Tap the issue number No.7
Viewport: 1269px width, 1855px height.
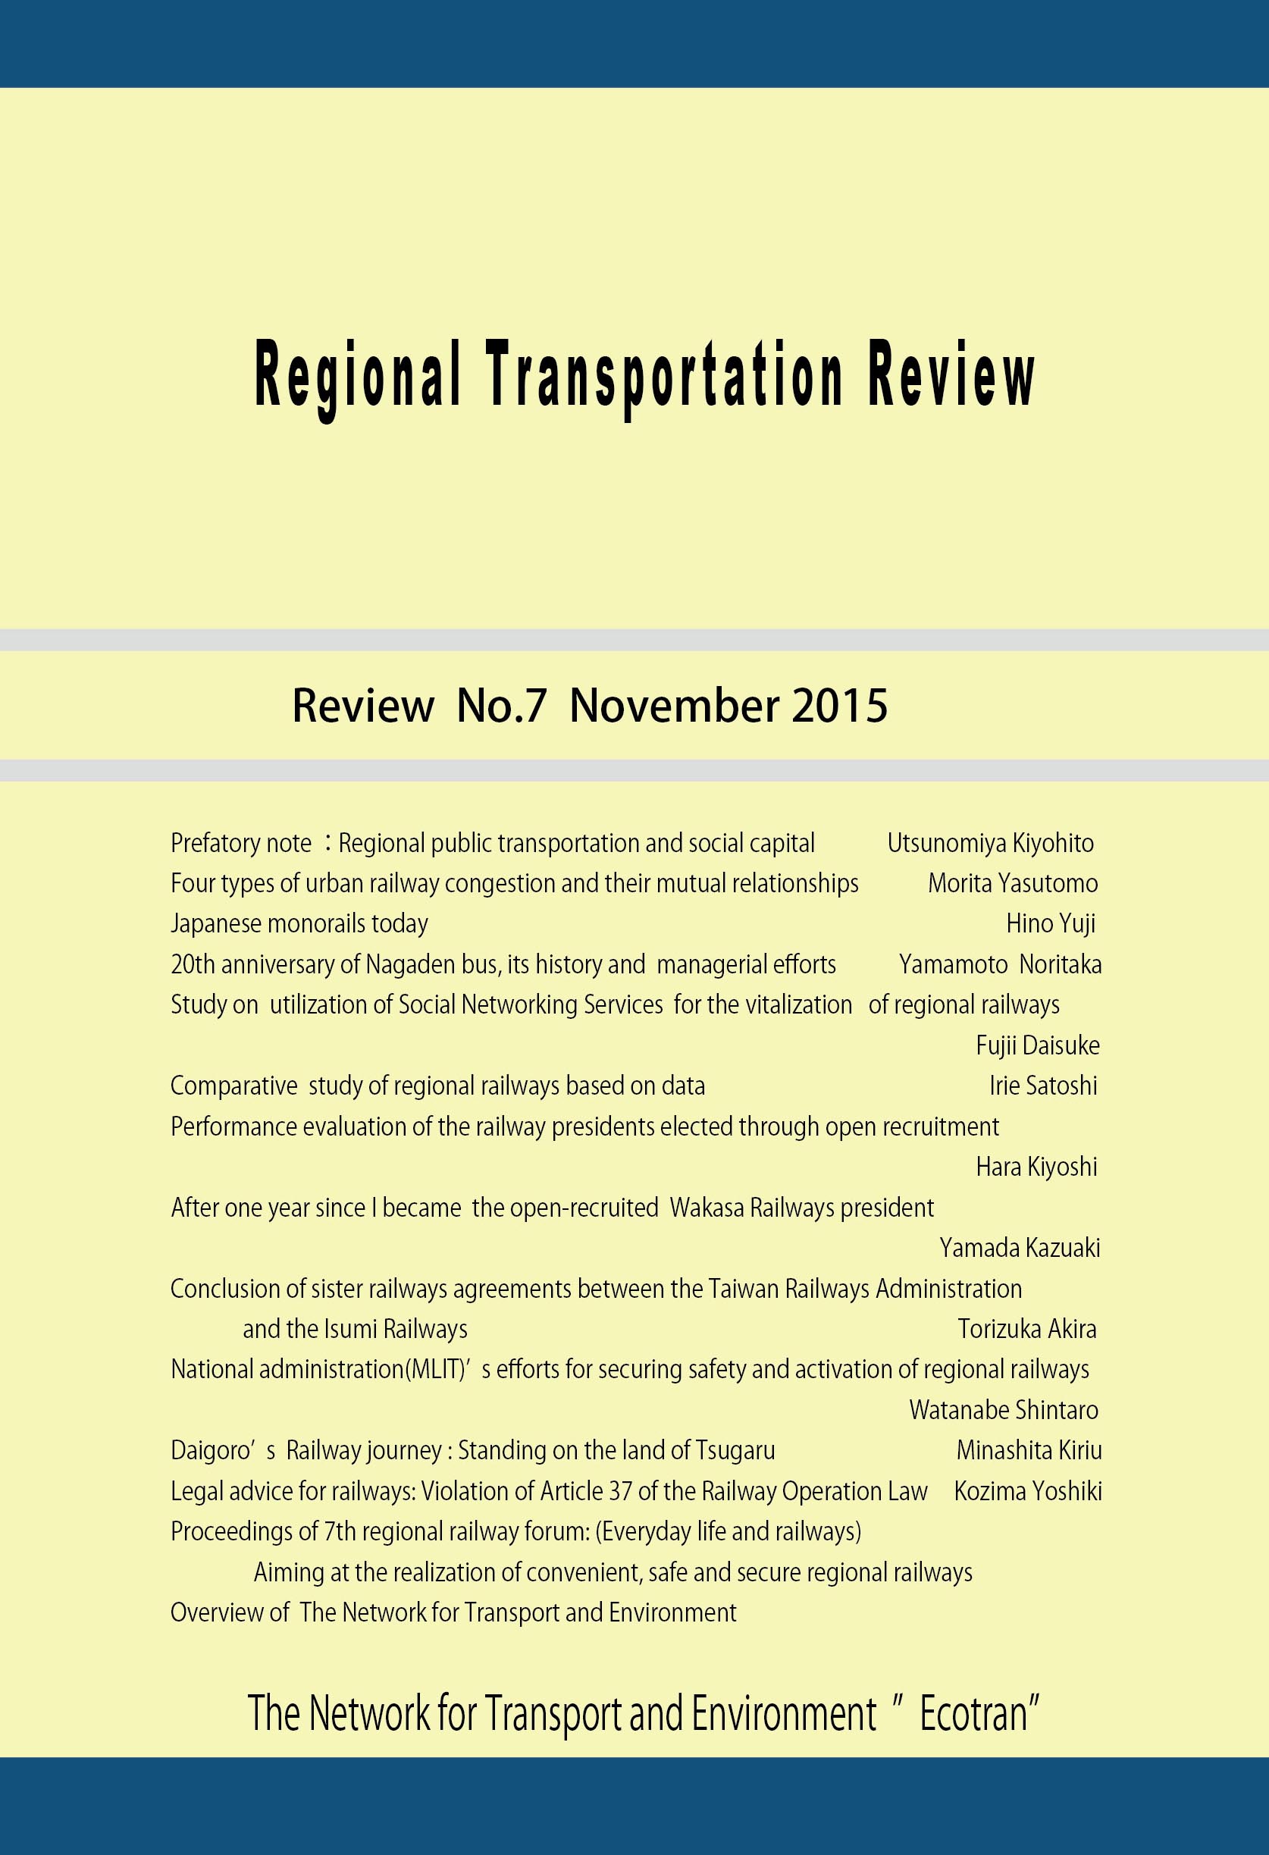pos(501,706)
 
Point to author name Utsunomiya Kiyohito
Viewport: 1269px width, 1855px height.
pos(991,843)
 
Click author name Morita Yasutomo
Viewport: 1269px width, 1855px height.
pos(1013,884)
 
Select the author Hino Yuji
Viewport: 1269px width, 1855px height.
pos(1051,923)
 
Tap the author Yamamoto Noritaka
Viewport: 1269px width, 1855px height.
pos(1000,964)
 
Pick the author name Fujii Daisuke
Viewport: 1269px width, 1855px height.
pos(1038,1045)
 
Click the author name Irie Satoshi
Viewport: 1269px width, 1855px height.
pos(1043,1086)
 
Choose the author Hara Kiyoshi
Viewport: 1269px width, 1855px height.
pos(1036,1167)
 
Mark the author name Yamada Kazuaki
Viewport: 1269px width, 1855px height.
pos(1019,1248)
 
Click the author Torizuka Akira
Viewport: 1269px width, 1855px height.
pos(1027,1329)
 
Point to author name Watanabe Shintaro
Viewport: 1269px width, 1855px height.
pos(1003,1409)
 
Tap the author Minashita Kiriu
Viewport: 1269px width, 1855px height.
pos(1029,1450)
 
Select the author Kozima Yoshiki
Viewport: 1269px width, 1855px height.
pos(1028,1491)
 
